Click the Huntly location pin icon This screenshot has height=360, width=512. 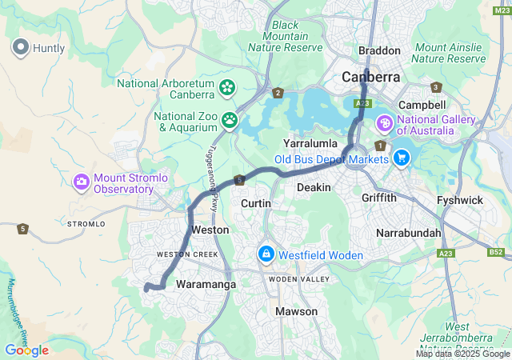[x=21, y=47]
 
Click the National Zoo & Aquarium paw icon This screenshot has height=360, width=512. [x=230, y=121]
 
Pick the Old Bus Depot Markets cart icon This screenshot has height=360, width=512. [x=401, y=158]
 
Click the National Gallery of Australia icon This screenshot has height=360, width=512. [x=385, y=123]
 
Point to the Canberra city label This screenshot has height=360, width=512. [x=370, y=78]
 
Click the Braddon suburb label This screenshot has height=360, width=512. [x=379, y=50]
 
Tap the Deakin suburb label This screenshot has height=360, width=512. [x=314, y=186]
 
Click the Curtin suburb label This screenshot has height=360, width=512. [x=256, y=204]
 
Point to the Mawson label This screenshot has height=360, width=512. [x=296, y=311]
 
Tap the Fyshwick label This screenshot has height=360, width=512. [x=459, y=200]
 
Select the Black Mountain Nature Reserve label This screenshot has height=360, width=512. [x=285, y=36]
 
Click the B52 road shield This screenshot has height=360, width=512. [x=496, y=253]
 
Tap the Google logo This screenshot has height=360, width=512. [x=26, y=350]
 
